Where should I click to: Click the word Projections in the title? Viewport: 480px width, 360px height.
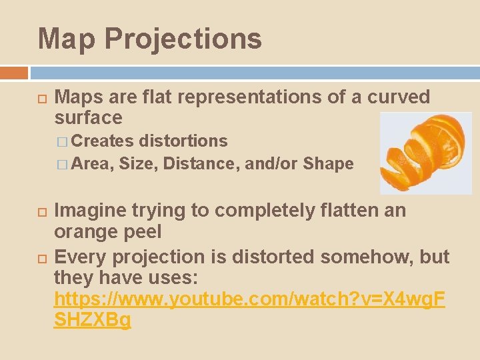point(183,39)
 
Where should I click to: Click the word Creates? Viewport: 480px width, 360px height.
point(103,141)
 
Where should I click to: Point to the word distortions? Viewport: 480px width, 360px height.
point(183,141)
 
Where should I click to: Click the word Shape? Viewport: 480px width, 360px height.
point(328,163)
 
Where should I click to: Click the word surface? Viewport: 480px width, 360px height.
point(88,118)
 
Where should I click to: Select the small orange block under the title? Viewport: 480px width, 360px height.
point(14,72)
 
